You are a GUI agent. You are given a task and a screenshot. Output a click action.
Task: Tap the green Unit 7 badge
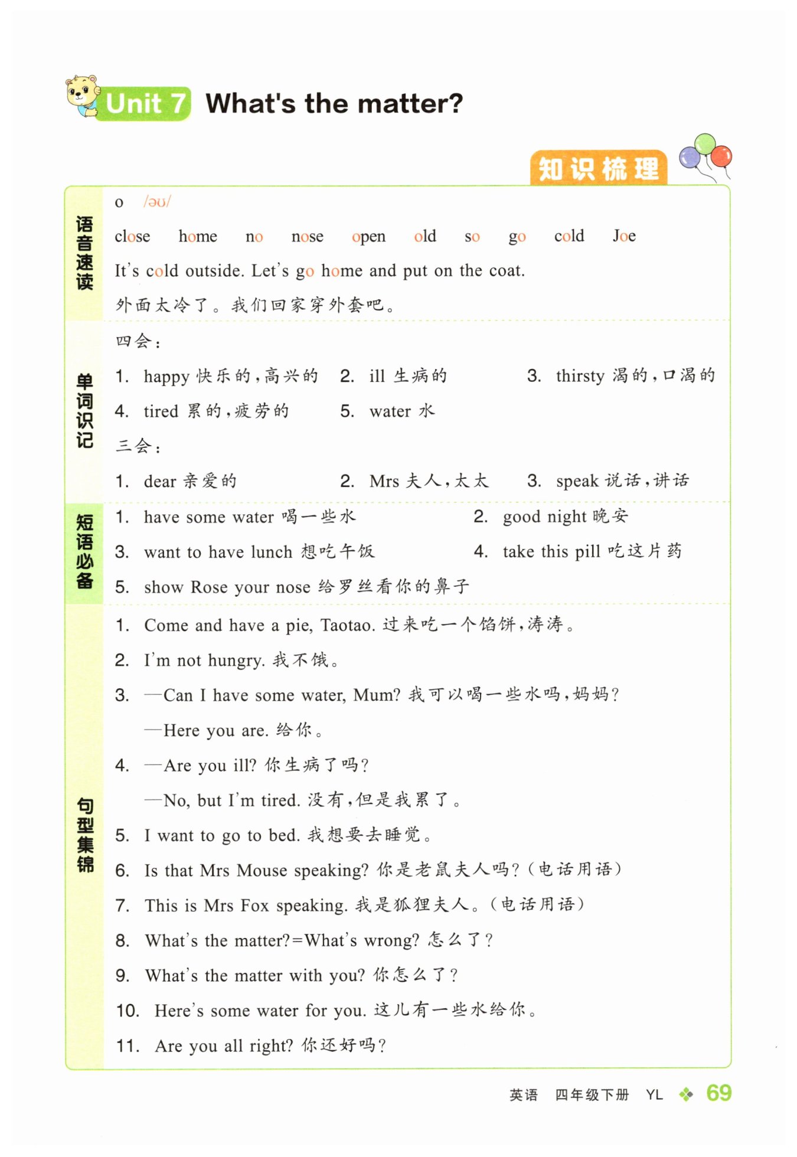(145, 104)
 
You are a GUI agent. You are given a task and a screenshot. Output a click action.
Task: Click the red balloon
(721, 156)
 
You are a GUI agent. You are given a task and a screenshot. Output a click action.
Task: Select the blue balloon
(690, 158)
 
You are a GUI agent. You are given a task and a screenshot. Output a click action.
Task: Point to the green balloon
(705, 143)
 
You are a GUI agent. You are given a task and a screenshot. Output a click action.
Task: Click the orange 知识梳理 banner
(598, 169)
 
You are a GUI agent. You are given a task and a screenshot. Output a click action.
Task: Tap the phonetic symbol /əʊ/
(156, 202)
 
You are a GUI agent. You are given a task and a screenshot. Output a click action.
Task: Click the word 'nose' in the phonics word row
(307, 237)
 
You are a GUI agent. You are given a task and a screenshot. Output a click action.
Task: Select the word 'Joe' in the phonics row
(624, 236)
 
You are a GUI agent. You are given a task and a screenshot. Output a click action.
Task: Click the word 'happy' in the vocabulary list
(166, 377)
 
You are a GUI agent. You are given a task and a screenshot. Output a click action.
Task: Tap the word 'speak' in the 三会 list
(577, 482)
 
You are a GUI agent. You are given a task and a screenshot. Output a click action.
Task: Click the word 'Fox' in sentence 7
(254, 906)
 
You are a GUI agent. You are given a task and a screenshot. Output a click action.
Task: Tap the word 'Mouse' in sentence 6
(262, 871)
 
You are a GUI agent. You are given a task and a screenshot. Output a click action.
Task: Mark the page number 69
(718, 1093)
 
